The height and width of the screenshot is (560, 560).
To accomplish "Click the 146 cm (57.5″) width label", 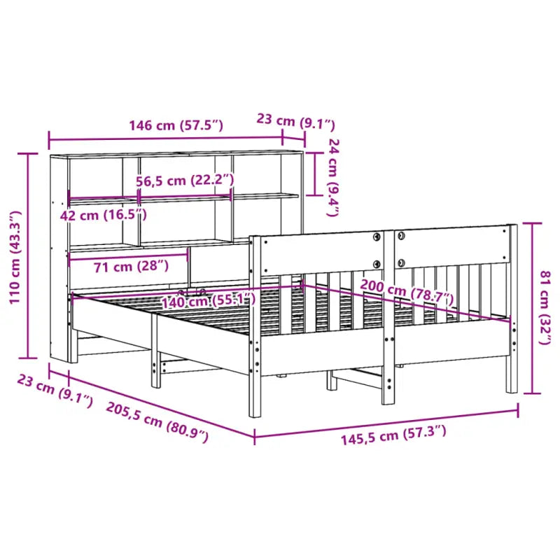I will coord(176,126).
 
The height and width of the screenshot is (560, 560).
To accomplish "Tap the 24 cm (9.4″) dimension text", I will coord(334,176).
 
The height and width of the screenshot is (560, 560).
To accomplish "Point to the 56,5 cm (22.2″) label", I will coord(184,181).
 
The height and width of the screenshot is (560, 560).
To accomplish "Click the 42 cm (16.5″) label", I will coord(104,214).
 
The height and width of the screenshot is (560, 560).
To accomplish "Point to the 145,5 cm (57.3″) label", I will coord(393,438).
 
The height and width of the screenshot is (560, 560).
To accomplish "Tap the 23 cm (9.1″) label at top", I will coord(295,120).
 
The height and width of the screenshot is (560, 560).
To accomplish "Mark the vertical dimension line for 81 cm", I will coord(533,308).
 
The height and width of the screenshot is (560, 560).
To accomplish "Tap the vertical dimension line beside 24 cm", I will coord(316,174).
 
